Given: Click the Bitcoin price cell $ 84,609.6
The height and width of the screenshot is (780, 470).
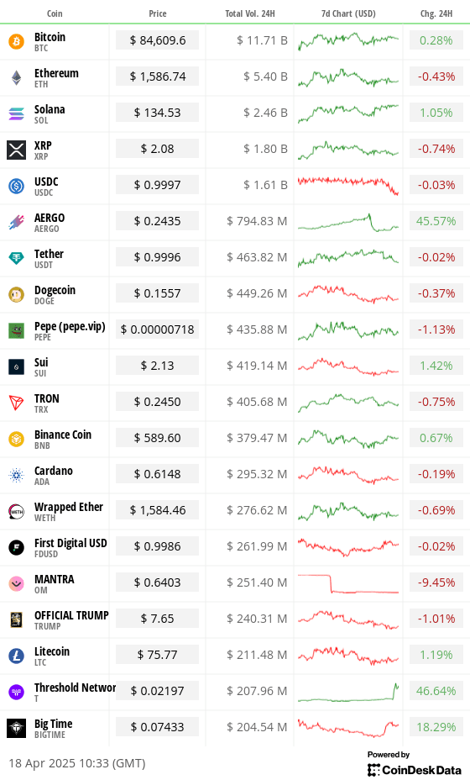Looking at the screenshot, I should [158, 40].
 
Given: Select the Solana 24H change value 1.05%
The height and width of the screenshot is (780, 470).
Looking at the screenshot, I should [436, 113].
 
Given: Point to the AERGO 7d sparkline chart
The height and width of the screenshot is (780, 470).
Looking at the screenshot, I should [347, 222].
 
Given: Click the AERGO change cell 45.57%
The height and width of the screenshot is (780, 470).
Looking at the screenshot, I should [436, 221].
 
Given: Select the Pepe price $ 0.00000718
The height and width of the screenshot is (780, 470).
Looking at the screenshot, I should [158, 329].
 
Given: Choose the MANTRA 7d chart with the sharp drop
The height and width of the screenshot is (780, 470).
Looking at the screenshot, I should [347, 583].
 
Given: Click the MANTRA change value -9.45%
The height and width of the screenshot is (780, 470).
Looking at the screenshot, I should [436, 582].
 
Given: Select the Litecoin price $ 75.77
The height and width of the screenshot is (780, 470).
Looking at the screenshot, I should [158, 655].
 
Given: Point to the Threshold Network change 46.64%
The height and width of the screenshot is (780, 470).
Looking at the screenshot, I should [436, 691].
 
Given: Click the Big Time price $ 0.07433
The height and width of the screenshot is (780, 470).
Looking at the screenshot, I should [158, 727].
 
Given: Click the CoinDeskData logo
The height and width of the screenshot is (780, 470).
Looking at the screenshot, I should [414, 768].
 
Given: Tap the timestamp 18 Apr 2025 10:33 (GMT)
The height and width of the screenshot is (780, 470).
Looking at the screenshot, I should [77, 763].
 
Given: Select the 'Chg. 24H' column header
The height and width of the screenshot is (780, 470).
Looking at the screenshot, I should [436, 13].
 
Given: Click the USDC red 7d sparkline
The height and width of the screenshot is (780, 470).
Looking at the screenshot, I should [347, 184].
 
